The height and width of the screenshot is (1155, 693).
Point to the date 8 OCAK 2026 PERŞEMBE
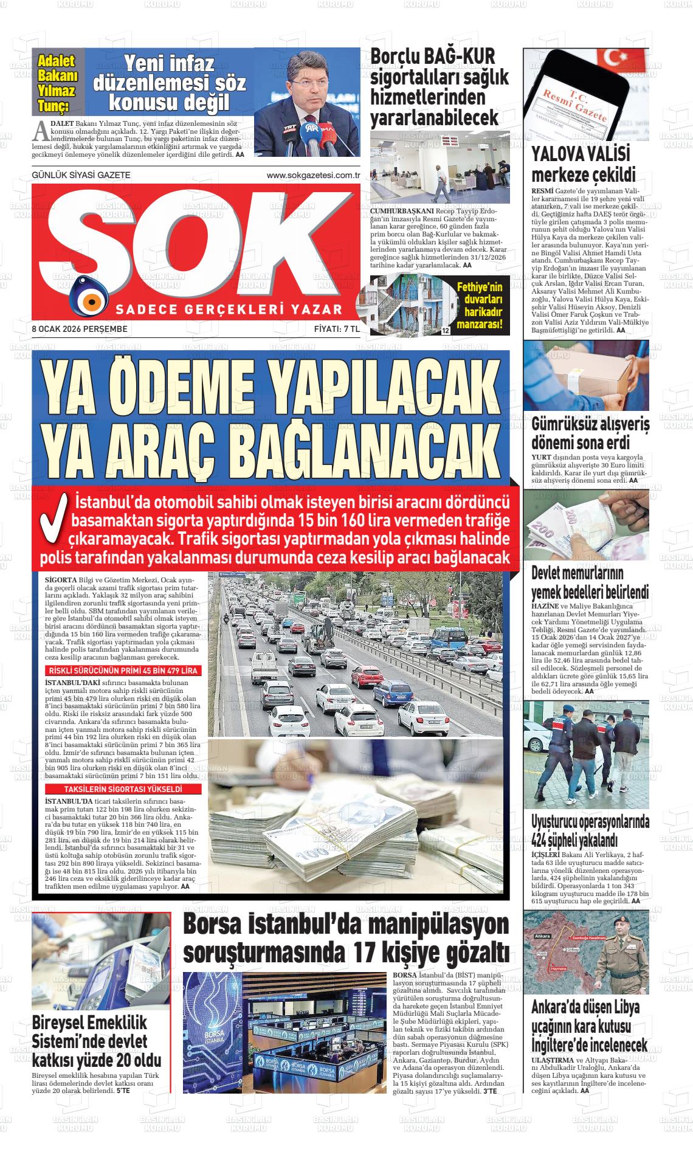click(x=80, y=329)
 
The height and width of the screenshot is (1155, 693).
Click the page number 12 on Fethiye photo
click(x=446, y=331)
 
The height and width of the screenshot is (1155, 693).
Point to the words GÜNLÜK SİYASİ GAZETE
click(x=81, y=176)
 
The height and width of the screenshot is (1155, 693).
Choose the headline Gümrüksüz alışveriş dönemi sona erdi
click(x=590, y=433)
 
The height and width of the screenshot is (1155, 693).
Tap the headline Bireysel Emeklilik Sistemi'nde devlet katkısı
click(x=97, y=1041)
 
